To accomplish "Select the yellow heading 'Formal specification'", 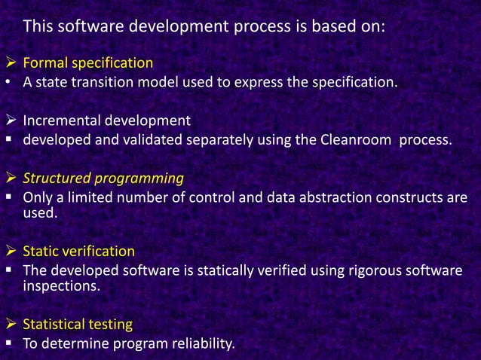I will click(x=87, y=63).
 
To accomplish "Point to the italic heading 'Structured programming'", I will click(x=103, y=178).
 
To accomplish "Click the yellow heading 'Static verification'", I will click(x=78, y=251).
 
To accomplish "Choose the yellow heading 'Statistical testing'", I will click(x=78, y=325).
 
